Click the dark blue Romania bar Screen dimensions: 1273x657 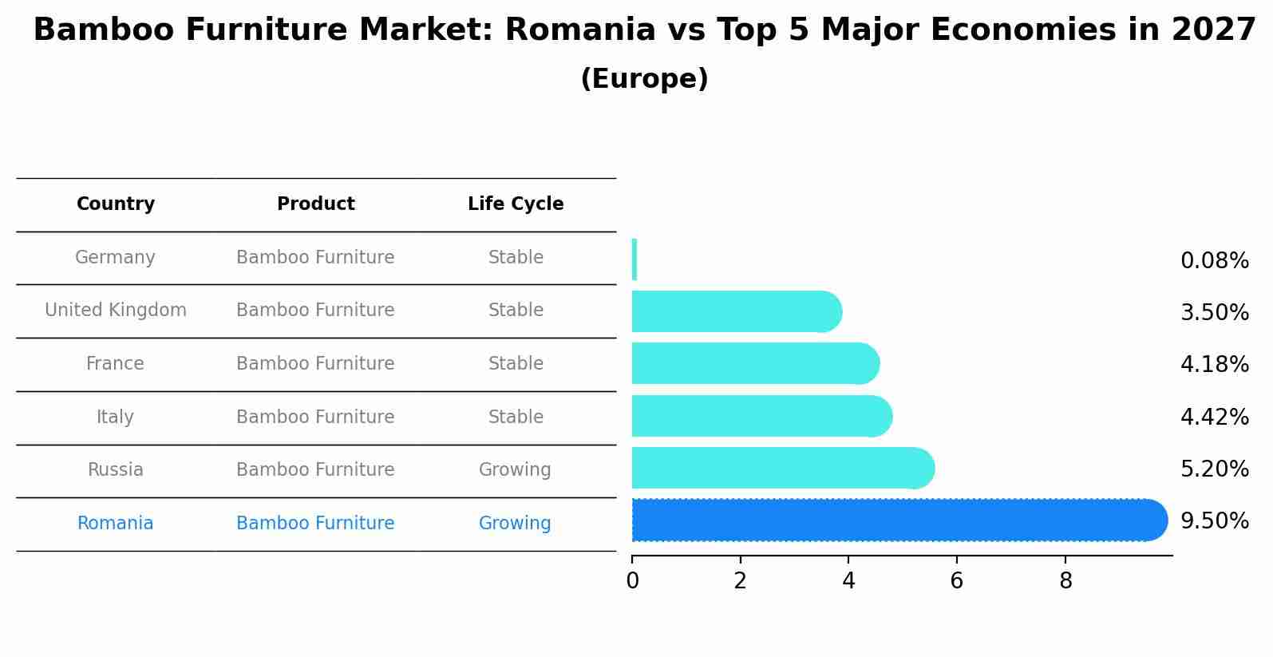click(899, 520)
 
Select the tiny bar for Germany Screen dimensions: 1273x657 click(635, 259)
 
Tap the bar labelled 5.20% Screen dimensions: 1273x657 click(783, 468)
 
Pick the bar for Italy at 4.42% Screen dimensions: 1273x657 click(762, 416)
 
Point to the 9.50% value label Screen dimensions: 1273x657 click(1215, 520)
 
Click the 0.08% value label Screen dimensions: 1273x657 click(1215, 260)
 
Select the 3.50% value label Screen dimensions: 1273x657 click(1215, 312)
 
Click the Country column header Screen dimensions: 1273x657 click(116, 204)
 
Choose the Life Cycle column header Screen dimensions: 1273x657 click(516, 204)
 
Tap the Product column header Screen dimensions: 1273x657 click(315, 204)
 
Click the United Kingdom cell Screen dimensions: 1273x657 click(116, 310)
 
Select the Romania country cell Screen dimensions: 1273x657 click(116, 523)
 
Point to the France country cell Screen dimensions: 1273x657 click(116, 363)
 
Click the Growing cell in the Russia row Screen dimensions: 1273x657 click(515, 470)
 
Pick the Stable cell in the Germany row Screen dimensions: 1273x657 click(516, 257)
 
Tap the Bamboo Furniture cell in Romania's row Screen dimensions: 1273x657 click(315, 523)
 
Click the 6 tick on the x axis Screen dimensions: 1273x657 click(957, 580)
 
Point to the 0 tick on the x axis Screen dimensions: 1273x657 click(633, 580)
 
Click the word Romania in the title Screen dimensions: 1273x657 click(580, 30)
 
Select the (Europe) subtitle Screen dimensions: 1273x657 click(644, 78)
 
